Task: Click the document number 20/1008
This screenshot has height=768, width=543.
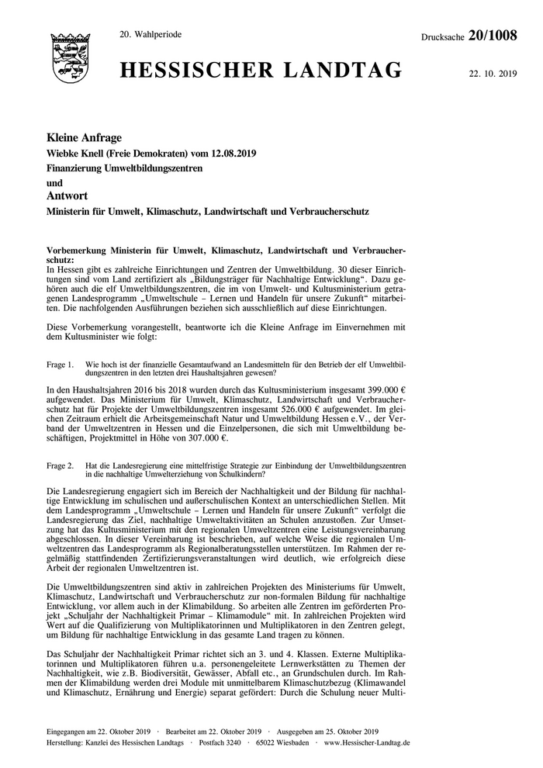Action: coord(494,35)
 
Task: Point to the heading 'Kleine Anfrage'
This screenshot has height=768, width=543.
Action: coord(85,137)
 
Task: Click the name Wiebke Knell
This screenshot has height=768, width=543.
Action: coord(77,153)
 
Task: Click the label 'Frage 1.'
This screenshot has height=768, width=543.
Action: coord(61,364)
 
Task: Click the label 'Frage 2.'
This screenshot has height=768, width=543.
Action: coord(61,465)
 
